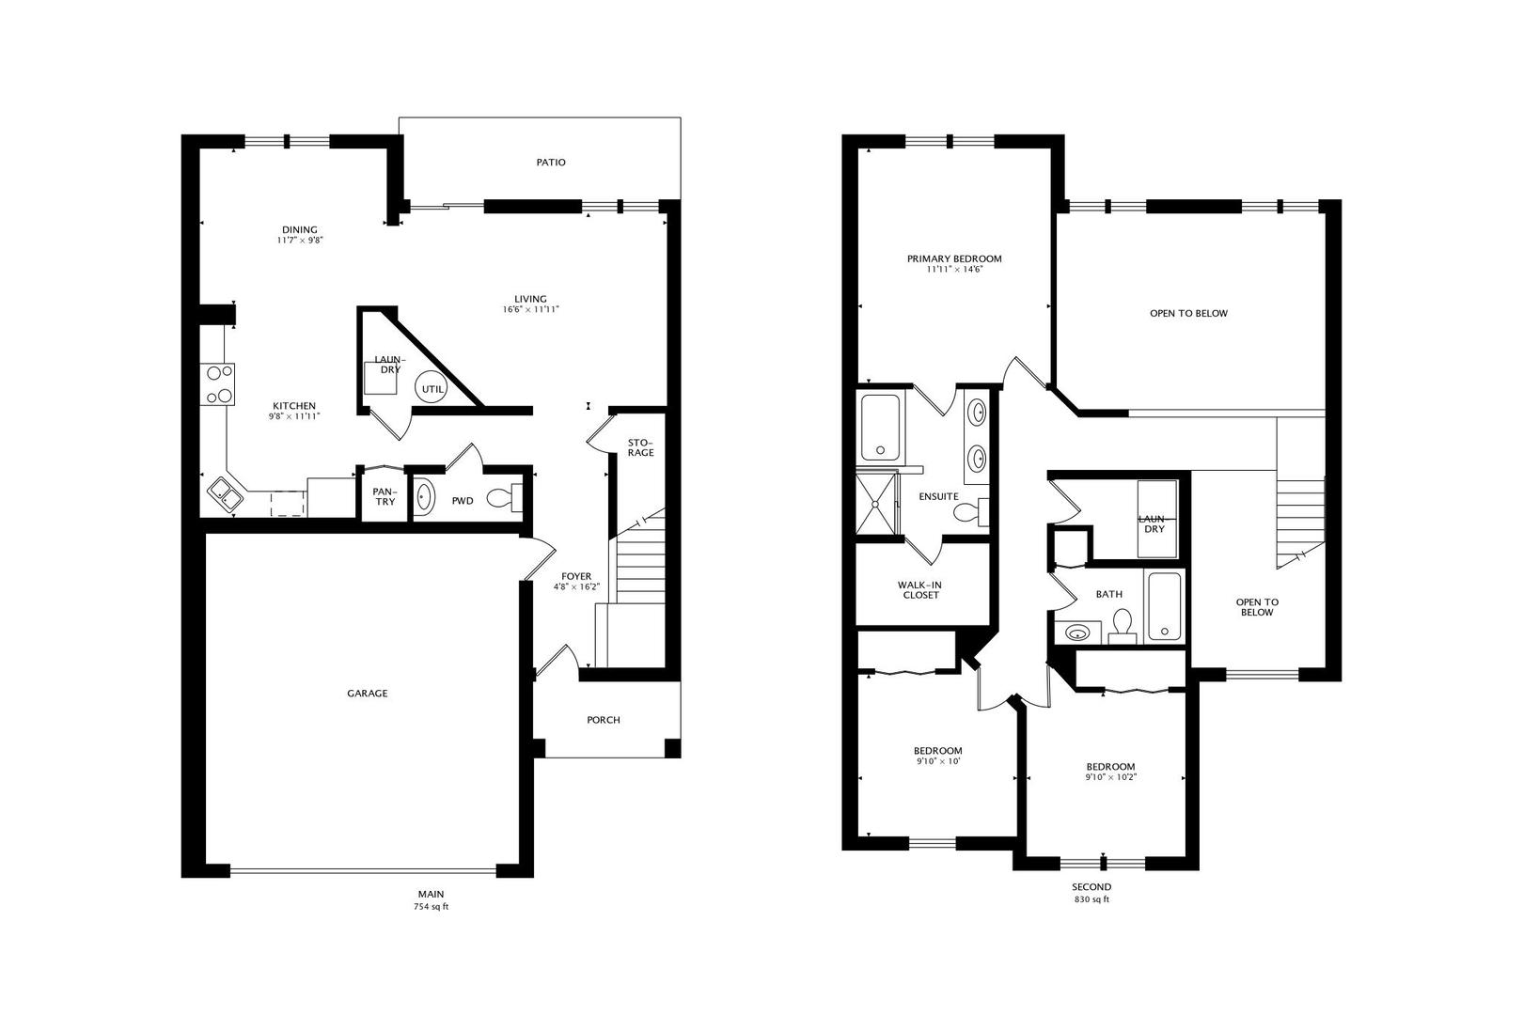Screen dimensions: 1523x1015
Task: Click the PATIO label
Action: pyautogui.click(x=551, y=163)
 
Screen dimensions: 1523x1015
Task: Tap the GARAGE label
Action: pyautogui.click(x=368, y=694)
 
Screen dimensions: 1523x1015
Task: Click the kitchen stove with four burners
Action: pyautogui.click(x=217, y=384)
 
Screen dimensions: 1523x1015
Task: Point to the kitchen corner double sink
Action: pyautogui.click(x=225, y=492)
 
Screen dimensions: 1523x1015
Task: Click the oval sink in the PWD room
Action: pyautogui.click(x=424, y=495)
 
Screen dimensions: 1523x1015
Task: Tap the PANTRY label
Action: pyautogui.click(x=385, y=496)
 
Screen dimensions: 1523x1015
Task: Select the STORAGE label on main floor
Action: pyautogui.click(x=640, y=447)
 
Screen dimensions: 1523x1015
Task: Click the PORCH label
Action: pyautogui.click(x=603, y=720)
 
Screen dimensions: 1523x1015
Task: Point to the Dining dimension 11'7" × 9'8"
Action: pyautogui.click(x=300, y=240)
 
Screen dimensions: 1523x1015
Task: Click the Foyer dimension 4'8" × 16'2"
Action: pyautogui.click(x=576, y=586)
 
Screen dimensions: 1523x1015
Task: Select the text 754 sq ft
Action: pyautogui.click(x=432, y=906)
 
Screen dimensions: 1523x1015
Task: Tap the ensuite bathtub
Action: pyautogui.click(x=881, y=427)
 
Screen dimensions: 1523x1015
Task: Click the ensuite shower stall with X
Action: pyautogui.click(x=876, y=504)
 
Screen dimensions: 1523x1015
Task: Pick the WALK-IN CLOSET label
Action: pyautogui.click(x=920, y=590)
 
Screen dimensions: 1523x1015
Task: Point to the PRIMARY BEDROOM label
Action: pyautogui.click(x=954, y=259)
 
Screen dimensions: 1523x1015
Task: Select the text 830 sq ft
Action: pyautogui.click(x=1091, y=898)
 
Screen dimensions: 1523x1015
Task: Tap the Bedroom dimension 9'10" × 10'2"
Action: pyautogui.click(x=1111, y=777)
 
